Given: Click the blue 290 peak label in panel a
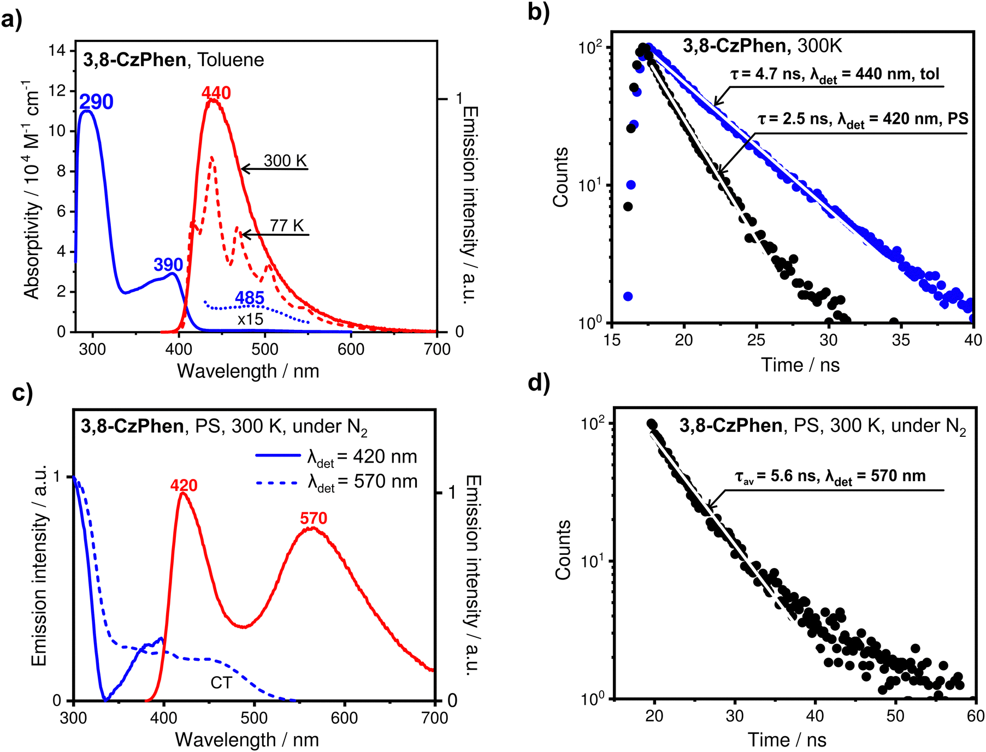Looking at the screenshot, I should pos(96,102).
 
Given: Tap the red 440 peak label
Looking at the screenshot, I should pos(216,93).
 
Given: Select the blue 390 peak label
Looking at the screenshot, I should pos(168,265).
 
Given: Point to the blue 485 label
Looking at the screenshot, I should pos(250,298).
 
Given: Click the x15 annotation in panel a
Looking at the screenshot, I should pos(250,319).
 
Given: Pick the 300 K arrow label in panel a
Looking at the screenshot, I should pos(285,161).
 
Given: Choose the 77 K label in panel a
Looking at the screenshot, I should pos(287,226).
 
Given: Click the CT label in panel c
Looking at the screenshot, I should pos(221,683).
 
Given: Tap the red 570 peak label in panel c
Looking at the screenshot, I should pos(314,518).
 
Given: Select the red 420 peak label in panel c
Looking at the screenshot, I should pos(184,485).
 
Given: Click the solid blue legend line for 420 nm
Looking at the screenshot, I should pos(278,455).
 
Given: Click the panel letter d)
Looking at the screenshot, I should pos(539,383).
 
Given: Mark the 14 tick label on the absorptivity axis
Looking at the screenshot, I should pos(56,51).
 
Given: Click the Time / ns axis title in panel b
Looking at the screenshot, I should pos(800,364).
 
